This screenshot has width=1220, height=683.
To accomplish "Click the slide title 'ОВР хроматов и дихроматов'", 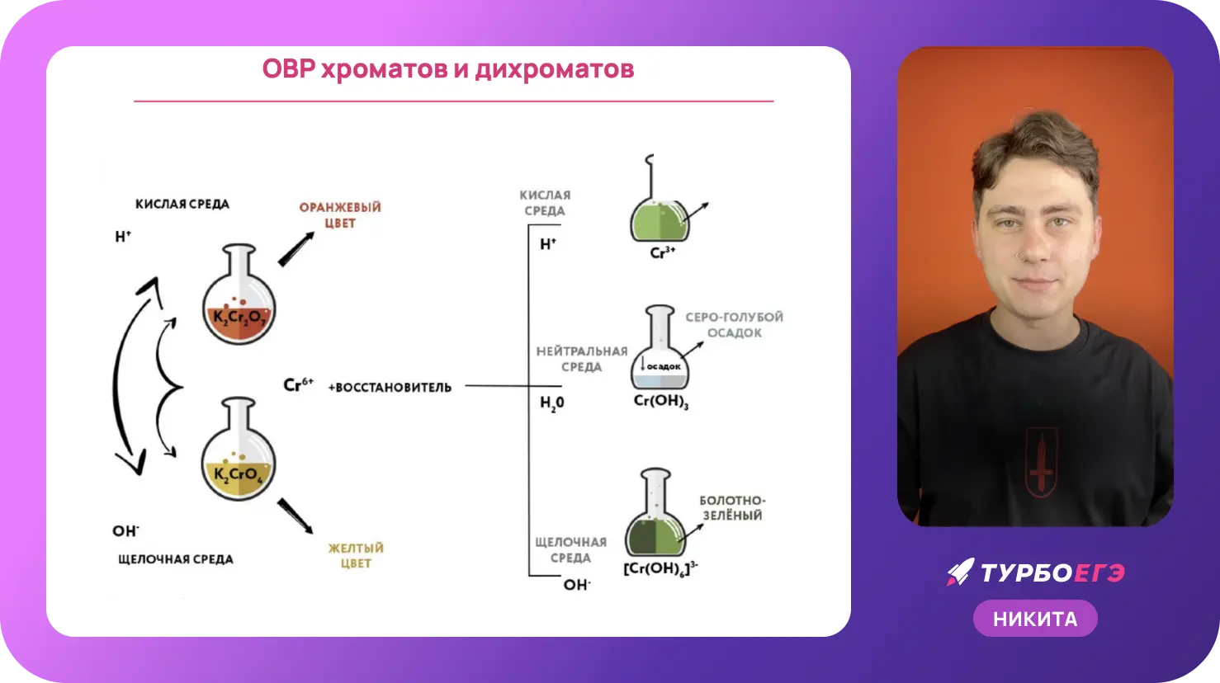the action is pos(448,69).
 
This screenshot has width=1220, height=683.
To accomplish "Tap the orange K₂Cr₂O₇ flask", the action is pos(239,294).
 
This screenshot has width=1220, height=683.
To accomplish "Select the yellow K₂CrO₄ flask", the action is pos(238,449).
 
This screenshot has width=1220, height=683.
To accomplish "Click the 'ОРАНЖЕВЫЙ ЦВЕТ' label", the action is pos(340,215).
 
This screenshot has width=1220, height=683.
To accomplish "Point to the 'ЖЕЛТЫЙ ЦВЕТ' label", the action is pos(356,555).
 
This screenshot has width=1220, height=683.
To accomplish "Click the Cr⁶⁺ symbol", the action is pos(299,384).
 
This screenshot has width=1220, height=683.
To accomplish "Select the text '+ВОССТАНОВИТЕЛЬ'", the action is pos(390,388).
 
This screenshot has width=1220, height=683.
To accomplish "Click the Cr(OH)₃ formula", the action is pos(661,402).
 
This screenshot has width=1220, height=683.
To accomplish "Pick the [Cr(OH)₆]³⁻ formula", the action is pos(660,568).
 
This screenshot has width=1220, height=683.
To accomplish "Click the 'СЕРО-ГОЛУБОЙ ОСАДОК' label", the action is pos(734,325).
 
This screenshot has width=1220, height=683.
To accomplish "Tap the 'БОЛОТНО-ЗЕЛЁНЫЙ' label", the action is pos(732,508).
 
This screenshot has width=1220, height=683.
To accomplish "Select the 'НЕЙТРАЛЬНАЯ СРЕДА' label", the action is pos(582,359).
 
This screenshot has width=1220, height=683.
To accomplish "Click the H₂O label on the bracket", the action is pos(551,403).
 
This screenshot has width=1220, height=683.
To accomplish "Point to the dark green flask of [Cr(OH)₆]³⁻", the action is pos(655,512).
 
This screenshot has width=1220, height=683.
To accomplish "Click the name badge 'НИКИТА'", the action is pos(1035,619).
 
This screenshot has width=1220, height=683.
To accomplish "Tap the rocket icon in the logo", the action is pos(960,572).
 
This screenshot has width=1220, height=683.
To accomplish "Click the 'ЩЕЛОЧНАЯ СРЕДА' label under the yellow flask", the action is pos(176,559).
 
